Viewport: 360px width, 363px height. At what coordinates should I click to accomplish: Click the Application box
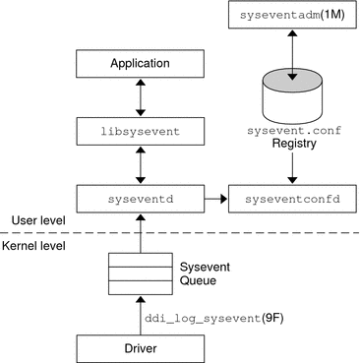(140, 64)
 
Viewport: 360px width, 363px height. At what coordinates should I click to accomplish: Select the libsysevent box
(140, 128)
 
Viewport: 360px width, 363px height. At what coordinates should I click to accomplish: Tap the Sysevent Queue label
(203, 272)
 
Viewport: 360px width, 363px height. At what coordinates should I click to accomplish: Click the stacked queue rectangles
(140, 272)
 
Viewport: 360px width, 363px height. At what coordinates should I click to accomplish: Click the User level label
(32, 218)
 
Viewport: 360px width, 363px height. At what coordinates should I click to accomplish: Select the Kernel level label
(35, 245)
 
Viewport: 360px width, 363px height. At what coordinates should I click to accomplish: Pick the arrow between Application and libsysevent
(140, 96)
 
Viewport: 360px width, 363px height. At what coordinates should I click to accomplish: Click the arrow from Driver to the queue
(140, 313)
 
